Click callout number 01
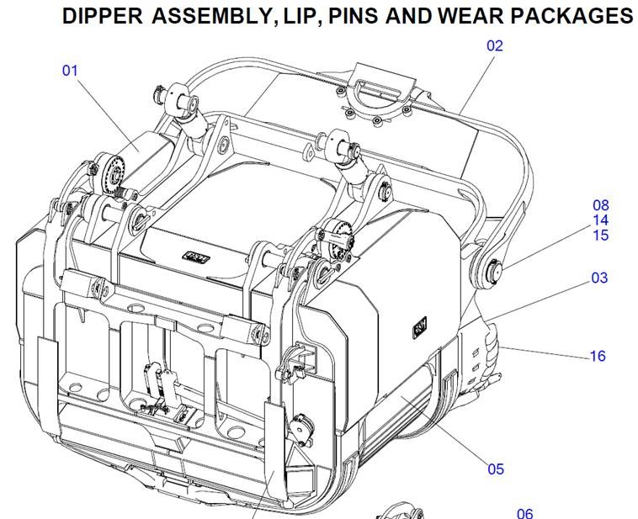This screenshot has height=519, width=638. click(70, 71)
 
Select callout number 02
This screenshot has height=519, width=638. click(495, 45)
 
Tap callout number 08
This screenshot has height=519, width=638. click(601, 205)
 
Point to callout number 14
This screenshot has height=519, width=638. click(601, 220)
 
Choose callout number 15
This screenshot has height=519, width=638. click(601, 235)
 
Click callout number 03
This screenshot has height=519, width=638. click(599, 278)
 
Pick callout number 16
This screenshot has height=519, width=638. click(598, 356)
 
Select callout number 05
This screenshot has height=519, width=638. click(496, 469)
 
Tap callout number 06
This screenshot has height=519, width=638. click(525, 513)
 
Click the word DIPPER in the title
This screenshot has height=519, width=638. click(103, 16)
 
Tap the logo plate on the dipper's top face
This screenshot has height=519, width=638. click(196, 257)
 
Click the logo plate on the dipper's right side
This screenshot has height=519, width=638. click(419, 326)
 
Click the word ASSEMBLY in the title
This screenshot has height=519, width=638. click(215, 16)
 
